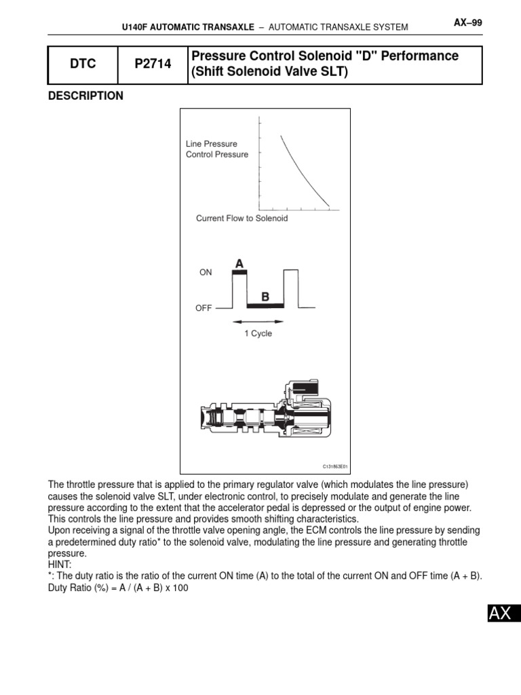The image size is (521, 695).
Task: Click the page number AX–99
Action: point(467,23)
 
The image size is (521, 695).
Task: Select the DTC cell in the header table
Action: point(83,64)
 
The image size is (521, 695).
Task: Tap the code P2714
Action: point(152,64)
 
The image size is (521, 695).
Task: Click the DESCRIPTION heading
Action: point(85,96)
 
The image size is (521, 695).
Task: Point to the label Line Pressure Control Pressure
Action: point(217,149)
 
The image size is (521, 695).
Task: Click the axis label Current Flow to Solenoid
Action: point(242,219)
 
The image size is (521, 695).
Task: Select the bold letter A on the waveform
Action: point(239,263)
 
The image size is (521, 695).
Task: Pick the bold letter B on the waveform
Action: point(265,297)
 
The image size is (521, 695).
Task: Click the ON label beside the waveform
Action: point(206,272)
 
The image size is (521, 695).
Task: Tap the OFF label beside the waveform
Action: point(204,307)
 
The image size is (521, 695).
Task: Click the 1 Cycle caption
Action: point(258,333)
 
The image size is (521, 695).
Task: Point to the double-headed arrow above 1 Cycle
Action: point(258,321)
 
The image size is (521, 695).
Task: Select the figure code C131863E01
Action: point(334,466)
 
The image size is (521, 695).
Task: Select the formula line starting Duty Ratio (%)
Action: point(117,588)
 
